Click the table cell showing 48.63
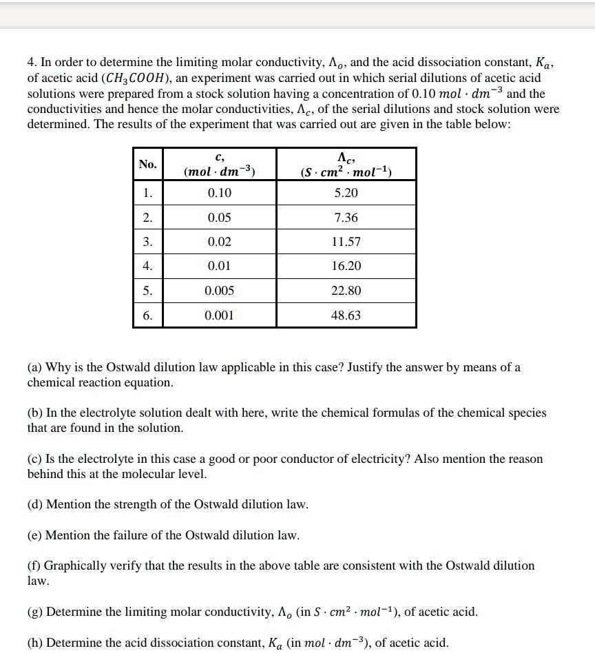coord(346,315)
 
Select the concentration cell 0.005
coord(220,291)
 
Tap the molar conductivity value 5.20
coord(346,193)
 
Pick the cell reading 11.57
coord(346,242)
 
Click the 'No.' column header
coord(147,164)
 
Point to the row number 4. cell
coord(147,266)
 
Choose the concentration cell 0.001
coord(220,315)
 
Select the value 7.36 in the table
coord(346,218)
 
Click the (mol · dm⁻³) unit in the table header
coord(220,172)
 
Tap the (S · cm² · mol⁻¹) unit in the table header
coord(346,172)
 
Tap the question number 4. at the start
coord(32,63)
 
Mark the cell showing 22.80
coord(346,291)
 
